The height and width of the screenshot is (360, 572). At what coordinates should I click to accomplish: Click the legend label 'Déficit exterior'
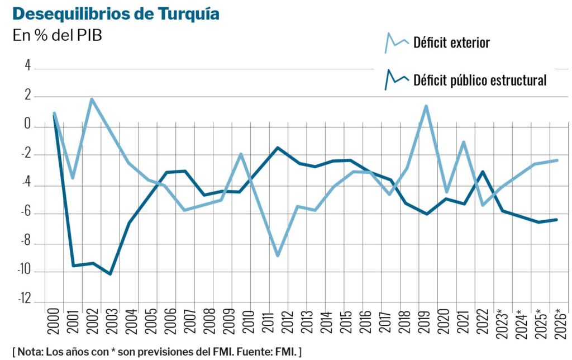(451, 42)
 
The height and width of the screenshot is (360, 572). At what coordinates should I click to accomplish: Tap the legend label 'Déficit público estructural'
(479, 80)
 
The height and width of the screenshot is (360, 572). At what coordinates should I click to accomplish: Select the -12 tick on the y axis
(23, 300)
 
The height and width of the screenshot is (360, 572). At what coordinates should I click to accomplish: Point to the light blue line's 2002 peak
(92, 100)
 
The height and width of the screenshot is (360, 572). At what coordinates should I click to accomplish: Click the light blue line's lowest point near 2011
(277, 255)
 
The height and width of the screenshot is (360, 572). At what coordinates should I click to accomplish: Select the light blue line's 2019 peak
(426, 106)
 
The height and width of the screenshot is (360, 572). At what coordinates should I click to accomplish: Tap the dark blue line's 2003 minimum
(110, 273)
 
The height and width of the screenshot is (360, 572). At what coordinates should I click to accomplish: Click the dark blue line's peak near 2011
(277, 148)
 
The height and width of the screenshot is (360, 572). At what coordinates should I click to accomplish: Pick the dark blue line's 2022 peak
(482, 172)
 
